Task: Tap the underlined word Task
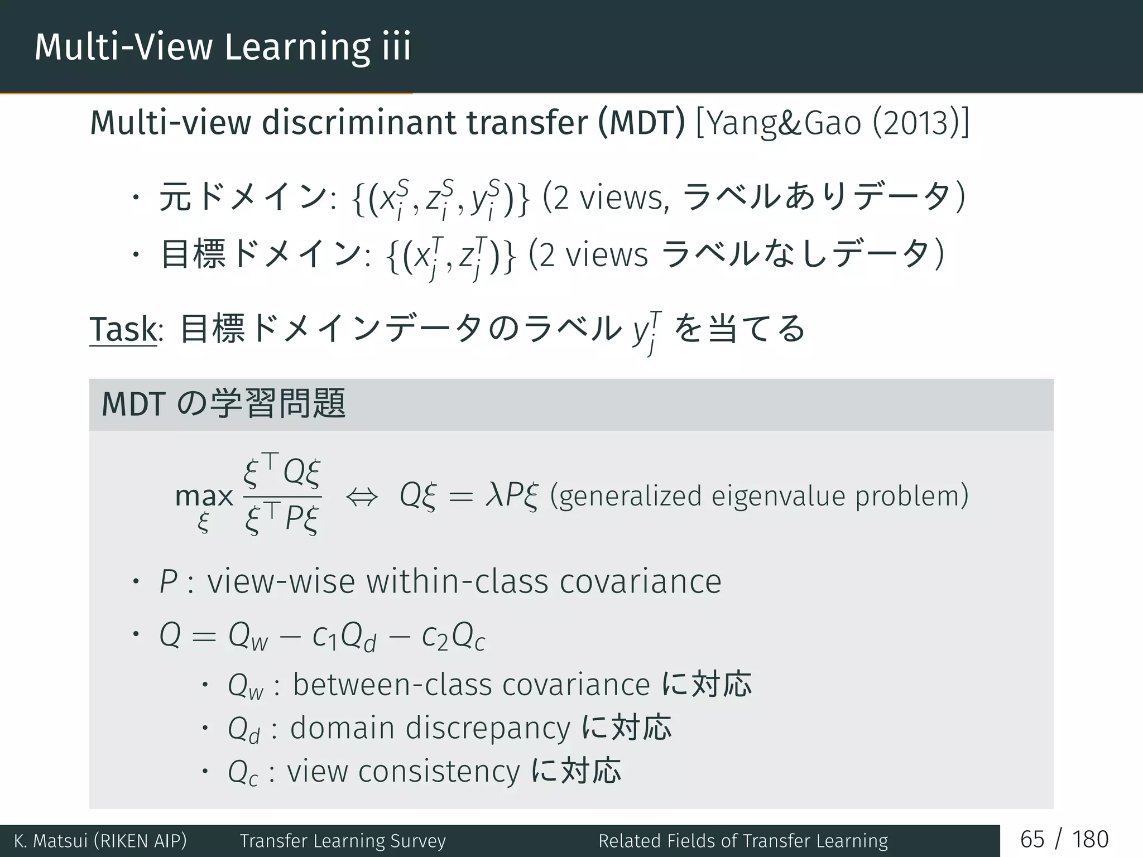tap(123, 329)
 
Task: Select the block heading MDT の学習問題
tap(223, 404)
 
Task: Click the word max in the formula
tap(204, 495)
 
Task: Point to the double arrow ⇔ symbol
tap(362, 496)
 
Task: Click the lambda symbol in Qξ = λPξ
tap(494, 495)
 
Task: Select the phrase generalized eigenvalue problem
tap(759, 496)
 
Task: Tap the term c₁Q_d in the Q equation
tap(344, 637)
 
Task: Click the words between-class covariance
tap(471, 685)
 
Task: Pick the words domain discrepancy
tap(430, 728)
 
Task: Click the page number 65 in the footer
tap(1032, 840)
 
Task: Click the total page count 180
tap(1090, 840)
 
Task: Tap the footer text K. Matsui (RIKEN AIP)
tap(100, 841)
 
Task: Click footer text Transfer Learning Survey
tap(343, 841)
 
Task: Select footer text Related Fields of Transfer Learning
tap(743, 841)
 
